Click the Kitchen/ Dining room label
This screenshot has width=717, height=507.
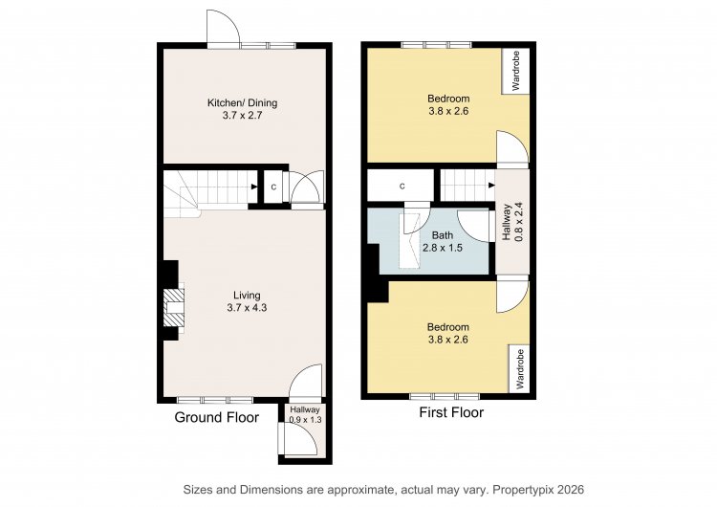click(x=243, y=103)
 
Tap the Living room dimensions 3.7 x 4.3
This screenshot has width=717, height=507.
click(x=247, y=308)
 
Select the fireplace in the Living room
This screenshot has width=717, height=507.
click(x=174, y=307)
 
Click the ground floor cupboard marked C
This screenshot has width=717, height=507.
click(x=273, y=187)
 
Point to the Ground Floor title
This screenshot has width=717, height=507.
click(x=217, y=417)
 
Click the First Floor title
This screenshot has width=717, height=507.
click(x=451, y=412)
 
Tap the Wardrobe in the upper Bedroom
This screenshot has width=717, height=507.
click(x=516, y=71)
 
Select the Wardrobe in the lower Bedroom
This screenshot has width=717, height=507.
click(x=519, y=369)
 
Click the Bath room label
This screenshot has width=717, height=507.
click(x=443, y=235)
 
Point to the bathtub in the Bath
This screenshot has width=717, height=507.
click(x=410, y=241)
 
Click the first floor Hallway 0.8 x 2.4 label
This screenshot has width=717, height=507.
click(x=512, y=222)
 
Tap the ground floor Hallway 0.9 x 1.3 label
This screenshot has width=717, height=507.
click(x=305, y=414)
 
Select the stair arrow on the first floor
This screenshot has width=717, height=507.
click(x=491, y=186)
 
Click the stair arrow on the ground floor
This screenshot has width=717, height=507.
click(x=253, y=187)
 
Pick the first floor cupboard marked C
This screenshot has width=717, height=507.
click(x=401, y=186)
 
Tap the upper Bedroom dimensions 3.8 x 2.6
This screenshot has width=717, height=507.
click(x=448, y=111)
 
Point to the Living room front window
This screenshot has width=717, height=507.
click(x=214, y=400)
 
